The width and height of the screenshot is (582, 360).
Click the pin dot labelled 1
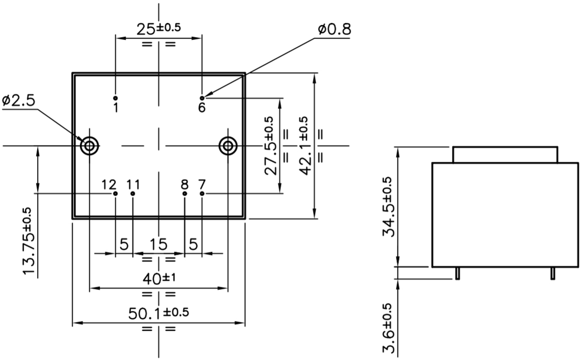[x=116, y=98]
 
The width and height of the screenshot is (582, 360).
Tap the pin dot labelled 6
[x=202, y=98]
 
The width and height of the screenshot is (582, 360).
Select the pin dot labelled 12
[x=116, y=194]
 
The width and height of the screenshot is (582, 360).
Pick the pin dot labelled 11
[x=133, y=194]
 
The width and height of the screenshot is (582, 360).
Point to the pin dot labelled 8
[x=185, y=194]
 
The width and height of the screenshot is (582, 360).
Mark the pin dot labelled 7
[x=202, y=194]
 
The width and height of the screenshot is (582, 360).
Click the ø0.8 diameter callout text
[x=334, y=29]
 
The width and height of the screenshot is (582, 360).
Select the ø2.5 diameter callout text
[x=19, y=101]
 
